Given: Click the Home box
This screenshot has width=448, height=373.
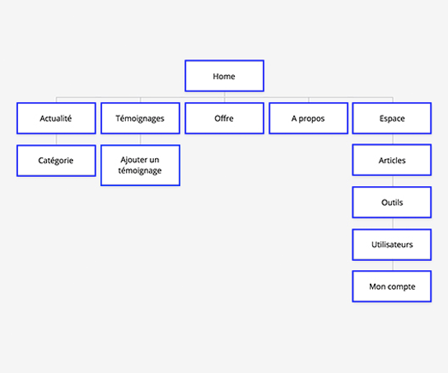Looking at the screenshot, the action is pos(224,76).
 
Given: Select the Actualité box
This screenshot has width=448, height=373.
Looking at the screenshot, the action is pos(56,119).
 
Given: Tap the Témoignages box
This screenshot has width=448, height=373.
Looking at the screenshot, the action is pos(140,119).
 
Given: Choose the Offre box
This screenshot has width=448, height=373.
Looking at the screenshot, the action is pos(224,119).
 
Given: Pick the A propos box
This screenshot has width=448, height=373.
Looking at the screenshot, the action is pos(309,119).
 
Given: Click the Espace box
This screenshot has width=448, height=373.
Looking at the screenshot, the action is pos(392,119).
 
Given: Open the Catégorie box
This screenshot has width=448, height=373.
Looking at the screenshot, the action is pos(56,161).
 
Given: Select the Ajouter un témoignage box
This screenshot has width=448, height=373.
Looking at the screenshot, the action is pos(140,166).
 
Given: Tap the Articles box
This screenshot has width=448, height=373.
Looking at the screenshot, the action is pos(392,160).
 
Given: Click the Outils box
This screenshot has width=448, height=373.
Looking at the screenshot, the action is pos(392,203).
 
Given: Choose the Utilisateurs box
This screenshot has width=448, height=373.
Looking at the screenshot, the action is pos(392,245).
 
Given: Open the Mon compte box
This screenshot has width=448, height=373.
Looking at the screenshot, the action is pos(392,287).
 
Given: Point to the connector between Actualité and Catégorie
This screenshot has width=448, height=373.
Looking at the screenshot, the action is pos(56,139).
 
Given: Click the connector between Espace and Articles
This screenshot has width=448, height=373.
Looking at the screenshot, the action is pos(393,139).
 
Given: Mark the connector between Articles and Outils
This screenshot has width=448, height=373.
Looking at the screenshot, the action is pos(393,181).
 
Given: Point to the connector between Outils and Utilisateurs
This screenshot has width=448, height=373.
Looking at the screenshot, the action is pos(393,224).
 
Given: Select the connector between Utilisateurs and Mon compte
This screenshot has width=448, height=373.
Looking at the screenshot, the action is pos(393,266).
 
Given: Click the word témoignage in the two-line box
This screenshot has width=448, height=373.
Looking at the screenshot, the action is pos(140,170).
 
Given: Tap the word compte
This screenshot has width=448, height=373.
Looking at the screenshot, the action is pos(402,287).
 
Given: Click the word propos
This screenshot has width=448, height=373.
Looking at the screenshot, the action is pos(312,119).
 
